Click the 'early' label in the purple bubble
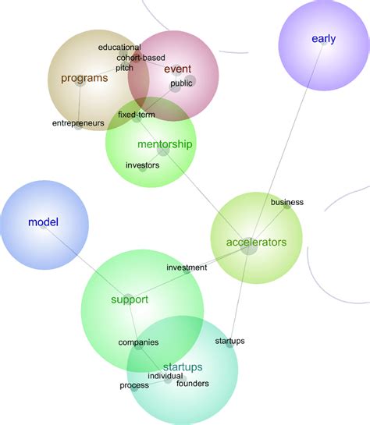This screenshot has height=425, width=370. [x=324, y=39]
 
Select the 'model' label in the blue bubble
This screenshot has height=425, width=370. [x=44, y=222]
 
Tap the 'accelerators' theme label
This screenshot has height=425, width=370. [x=256, y=242]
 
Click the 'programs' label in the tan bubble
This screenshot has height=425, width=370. [x=84, y=78]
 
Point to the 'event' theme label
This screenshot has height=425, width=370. [x=178, y=69]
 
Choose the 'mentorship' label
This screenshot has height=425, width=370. [x=165, y=144]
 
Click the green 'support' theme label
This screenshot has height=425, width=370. [x=130, y=299]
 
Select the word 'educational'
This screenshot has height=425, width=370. [x=119, y=48]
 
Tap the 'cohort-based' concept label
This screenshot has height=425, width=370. [x=141, y=58]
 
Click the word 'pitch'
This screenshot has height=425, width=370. [x=124, y=68]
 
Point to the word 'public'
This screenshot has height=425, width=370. [x=181, y=83]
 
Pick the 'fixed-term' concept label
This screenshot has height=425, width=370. [x=137, y=115]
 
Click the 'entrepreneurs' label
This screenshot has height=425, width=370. [x=78, y=123]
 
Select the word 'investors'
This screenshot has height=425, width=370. [x=142, y=165]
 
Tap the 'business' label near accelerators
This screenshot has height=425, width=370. [x=287, y=202]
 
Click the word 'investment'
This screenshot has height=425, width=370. [x=187, y=268]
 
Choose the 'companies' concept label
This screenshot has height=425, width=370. [x=138, y=342]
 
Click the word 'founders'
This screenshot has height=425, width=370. [x=193, y=384]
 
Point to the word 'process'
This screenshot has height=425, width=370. [x=134, y=386]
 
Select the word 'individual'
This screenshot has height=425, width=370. [x=165, y=377]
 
